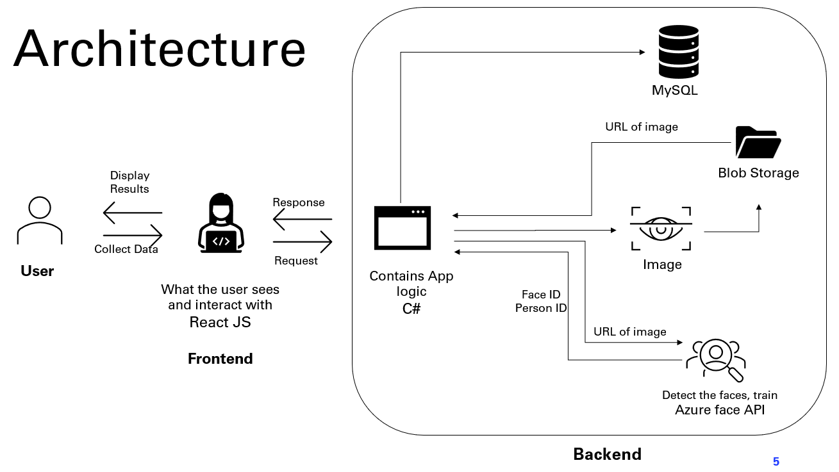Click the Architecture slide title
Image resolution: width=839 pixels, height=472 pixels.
point(160,49)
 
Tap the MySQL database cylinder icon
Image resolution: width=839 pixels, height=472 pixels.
point(678,52)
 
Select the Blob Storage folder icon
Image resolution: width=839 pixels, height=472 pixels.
point(758,142)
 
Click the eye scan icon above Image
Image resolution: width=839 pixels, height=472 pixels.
point(661,229)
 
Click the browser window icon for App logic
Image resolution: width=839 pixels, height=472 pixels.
point(403,228)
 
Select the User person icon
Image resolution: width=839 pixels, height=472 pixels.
point(39,221)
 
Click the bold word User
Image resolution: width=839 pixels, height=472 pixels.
point(37,271)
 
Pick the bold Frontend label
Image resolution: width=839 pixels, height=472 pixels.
point(220,359)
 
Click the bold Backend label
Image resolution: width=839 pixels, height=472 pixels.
point(607,454)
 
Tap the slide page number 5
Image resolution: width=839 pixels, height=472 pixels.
point(776,461)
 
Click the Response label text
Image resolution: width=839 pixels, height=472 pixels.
point(299,202)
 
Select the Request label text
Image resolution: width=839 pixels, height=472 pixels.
point(296,261)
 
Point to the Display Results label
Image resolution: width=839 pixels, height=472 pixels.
point(129,182)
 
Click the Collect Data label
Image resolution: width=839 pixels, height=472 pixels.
point(126,249)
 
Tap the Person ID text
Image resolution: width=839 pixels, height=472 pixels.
point(541,308)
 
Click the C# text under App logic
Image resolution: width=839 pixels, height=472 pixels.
point(411,308)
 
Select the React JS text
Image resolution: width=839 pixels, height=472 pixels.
point(220,322)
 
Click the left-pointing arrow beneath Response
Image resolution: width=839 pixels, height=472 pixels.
point(303,220)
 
